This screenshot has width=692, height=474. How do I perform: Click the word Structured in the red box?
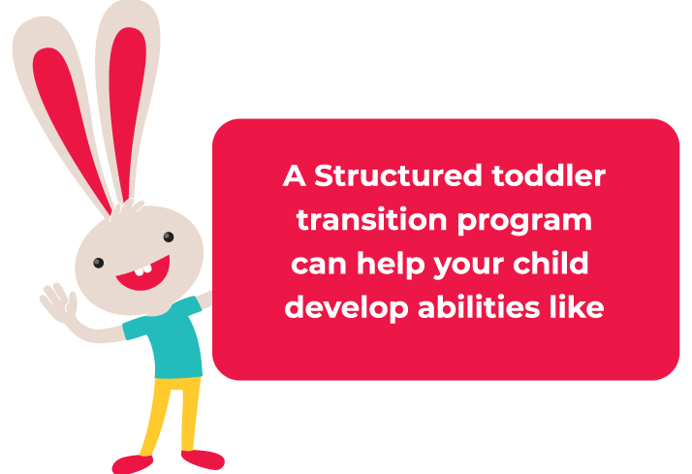[398, 175]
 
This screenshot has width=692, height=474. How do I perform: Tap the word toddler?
[549, 175]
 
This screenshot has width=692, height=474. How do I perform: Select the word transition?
[371, 219]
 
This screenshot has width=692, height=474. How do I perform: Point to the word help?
[391, 265]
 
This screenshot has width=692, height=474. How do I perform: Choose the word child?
[550, 263]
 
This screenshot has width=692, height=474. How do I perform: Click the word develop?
[346, 308]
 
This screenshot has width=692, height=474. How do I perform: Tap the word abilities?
[479, 306]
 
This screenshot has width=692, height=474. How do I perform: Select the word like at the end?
[577, 306]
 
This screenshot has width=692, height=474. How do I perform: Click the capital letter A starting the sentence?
[295, 175]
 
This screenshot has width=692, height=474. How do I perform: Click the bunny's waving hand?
[58, 302]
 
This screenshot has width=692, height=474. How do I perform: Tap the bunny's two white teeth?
[143, 269]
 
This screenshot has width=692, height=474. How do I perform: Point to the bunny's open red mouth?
[143, 276]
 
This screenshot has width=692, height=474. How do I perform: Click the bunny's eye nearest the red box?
[169, 237]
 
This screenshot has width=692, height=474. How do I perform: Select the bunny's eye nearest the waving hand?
[99, 263]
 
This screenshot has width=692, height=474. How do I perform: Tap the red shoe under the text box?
[203, 459]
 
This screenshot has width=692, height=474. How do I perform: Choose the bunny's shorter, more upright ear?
[128, 102]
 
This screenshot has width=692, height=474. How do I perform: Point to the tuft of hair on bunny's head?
[127, 207]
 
